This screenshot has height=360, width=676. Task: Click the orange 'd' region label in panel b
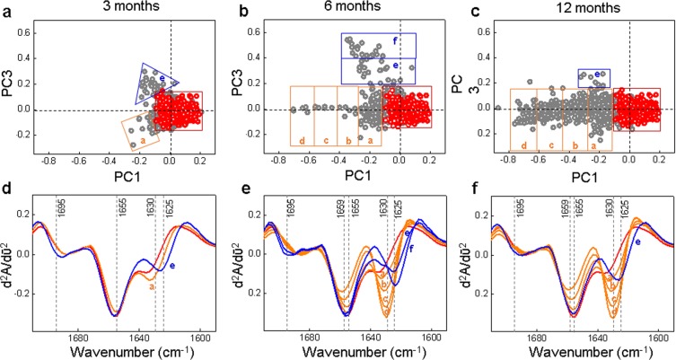(303, 139)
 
